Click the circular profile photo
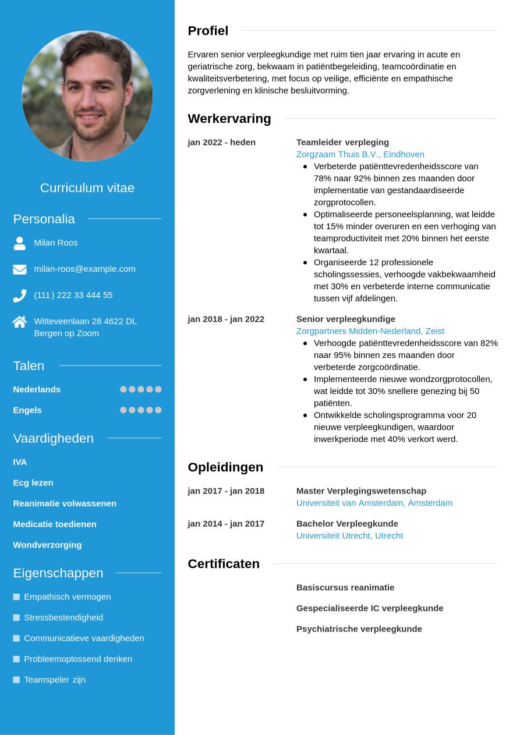(87, 96)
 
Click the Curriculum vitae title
(87, 188)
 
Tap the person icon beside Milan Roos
(20, 243)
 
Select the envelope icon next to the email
(20, 269)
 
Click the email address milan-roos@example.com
(84, 269)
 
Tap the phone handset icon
(20, 296)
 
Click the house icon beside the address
(20, 322)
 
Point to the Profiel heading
(208, 31)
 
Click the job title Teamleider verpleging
(342, 142)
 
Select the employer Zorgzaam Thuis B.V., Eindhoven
(360, 154)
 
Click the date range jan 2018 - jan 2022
(226, 319)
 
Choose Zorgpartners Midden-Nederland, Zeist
(370, 331)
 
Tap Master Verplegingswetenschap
(361, 491)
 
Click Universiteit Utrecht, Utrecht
(349, 535)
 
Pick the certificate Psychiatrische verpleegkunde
(359, 629)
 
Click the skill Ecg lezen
(33, 482)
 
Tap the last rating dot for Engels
(158, 410)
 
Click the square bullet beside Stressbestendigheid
(16, 617)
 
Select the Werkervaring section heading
(229, 119)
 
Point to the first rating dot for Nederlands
(123, 389)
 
